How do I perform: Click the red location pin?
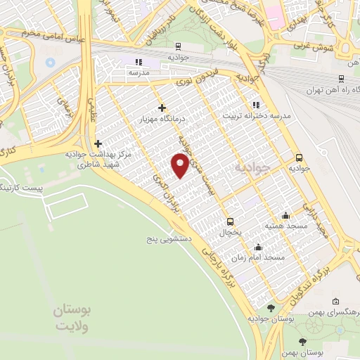click(180, 166)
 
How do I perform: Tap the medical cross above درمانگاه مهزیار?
click(162, 108)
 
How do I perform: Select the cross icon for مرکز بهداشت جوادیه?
click(98, 143)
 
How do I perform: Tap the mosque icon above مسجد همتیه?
click(285, 216)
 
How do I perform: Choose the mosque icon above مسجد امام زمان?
click(259, 247)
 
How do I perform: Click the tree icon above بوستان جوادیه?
click(271, 308)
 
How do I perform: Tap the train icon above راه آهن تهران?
click(340, 79)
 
